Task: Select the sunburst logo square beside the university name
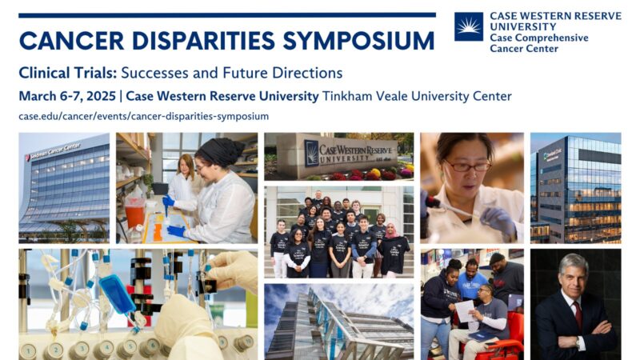click(468, 26)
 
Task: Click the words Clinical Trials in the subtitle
click(68, 73)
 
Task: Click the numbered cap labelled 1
click(28, 350)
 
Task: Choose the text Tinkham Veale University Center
click(416, 96)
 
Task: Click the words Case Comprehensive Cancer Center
click(539, 42)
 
